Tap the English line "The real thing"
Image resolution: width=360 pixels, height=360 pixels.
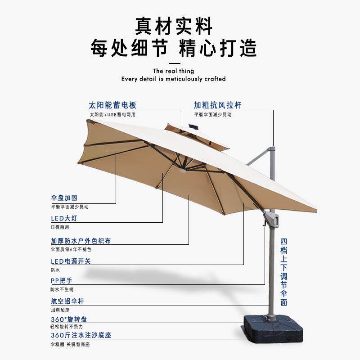pyautogui.click(x=173, y=71)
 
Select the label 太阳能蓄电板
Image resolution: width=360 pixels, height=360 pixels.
pyautogui.click(x=112, y=105)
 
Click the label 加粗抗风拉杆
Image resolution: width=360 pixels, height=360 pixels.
pyautogui.click(x=218, y=105)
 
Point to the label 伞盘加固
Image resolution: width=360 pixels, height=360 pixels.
pyautogui.click(x=64, y=198)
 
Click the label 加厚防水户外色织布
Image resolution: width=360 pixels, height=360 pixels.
pyautogui.click(x=81, y=241)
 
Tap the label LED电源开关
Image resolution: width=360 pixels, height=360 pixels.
pyautogui.click(x=74, y=261)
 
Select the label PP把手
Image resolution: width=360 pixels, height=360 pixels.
pyautogui.click(x=62, y=280)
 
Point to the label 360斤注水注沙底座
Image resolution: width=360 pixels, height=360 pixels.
pyautogui.click(x=81, y=335)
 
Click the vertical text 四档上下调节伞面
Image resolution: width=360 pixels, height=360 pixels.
pyautogui.click(x=283, y=272)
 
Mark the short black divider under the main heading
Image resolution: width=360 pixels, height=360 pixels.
pyautogui.click(x=173, y=63)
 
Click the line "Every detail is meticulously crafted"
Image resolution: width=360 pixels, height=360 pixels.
pyautogui.click(x=173, y=79)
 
